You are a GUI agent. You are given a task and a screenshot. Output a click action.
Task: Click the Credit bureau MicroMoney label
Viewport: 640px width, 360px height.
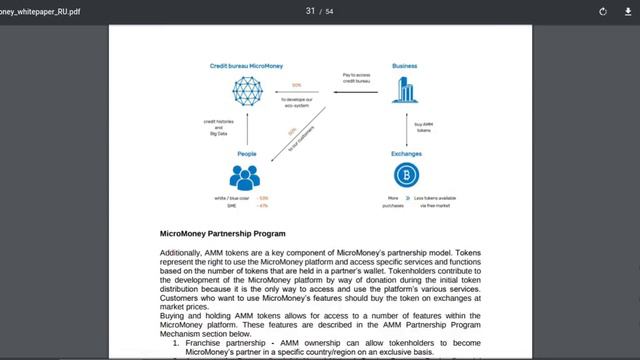(x=245, y=65)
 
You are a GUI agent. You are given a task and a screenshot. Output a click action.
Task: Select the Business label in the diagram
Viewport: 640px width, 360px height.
(x=404, y=65)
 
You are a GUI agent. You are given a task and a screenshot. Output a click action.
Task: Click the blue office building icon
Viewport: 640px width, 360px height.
(x=404, y=91)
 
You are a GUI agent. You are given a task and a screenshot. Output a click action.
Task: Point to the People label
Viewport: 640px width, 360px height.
(x=246, y=153)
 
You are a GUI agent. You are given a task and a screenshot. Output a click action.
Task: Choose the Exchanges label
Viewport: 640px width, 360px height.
(x=406, y=153)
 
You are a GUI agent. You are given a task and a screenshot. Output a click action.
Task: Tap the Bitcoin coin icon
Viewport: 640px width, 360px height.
(x=407, y=176)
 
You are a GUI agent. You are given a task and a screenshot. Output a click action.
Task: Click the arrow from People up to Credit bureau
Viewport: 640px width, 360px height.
(x=246, y=128)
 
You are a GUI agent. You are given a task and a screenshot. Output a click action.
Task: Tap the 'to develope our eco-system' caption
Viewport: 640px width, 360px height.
(x=297, y=102)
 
